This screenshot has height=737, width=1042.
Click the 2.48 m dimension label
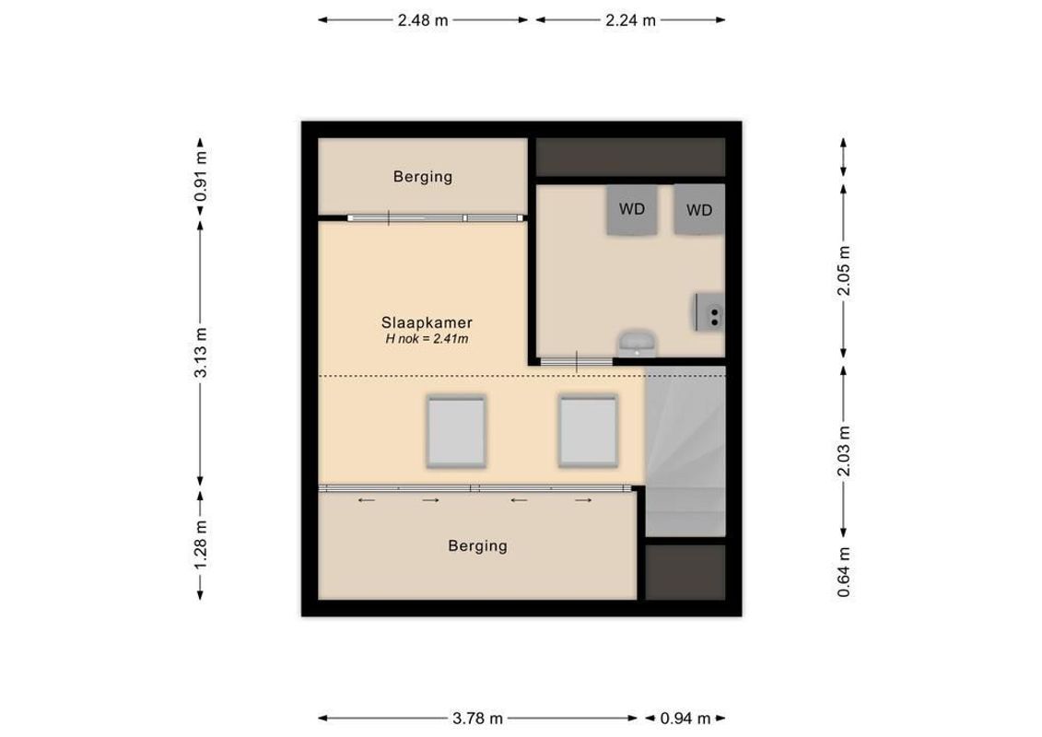point(423,20)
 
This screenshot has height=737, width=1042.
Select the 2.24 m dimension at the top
point(630,20)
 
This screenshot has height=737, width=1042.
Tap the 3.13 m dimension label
point(201,355)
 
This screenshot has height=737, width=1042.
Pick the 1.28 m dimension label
point(201,544)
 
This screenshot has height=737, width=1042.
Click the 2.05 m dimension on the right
point(843,271)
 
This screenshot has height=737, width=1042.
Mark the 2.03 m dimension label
point(843,451)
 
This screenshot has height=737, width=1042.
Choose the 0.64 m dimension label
point(843,572)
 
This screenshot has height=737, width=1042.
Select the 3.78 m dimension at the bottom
point(477,719)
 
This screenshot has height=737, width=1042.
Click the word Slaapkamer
point(427,322)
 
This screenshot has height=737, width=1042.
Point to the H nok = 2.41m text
point(427,339)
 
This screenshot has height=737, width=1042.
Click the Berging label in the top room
point(422,177)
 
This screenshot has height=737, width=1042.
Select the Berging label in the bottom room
point(477,546)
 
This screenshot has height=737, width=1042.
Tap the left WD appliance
point(632,210)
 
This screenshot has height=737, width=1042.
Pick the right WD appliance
point(699,210)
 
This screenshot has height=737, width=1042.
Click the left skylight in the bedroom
point(455,431)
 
